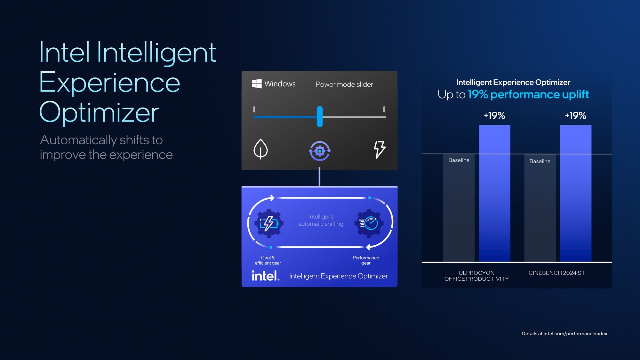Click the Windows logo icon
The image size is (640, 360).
[x=257, y=84]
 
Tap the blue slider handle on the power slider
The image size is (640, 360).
[x=320, y=116]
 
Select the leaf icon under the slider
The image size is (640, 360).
[x=260, y=149]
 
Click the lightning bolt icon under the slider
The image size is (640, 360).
[x=380, y=149]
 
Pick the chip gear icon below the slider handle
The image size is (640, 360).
[x=320, y=151]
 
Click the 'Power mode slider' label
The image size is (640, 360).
[x=344, y=84]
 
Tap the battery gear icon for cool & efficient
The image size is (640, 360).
[x=269, y=223]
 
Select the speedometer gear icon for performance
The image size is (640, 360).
[x=369, y=223]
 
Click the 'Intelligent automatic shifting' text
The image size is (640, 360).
[x=321, y=220]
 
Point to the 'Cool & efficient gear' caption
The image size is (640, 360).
[x=268, y=260]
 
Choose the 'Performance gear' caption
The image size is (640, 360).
[x=366, y=260]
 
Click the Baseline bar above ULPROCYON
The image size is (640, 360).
[x=459, y=208]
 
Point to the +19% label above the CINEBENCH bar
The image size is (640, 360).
[x=575, y=116]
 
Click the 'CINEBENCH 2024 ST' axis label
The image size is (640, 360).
[x=556, y=273]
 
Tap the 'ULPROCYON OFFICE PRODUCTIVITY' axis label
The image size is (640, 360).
[x=476, y=276]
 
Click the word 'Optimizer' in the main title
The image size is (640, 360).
[x=99, y=113]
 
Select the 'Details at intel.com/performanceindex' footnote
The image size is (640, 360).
[x=564, y=333]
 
